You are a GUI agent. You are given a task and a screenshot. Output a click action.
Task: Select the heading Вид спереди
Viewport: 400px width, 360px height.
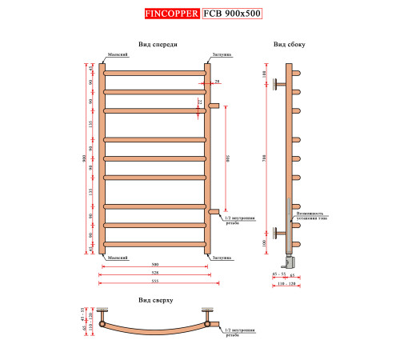click(158, 45)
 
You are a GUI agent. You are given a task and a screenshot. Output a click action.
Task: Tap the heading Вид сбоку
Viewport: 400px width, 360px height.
click(288, 45)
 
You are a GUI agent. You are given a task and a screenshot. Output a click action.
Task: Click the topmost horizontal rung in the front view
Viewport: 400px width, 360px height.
click(154, 74)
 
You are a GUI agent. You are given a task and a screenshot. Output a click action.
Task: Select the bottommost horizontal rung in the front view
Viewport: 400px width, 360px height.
click(154, 243)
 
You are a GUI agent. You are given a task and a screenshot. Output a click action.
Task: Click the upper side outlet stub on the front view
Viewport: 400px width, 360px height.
click(214, 104)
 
